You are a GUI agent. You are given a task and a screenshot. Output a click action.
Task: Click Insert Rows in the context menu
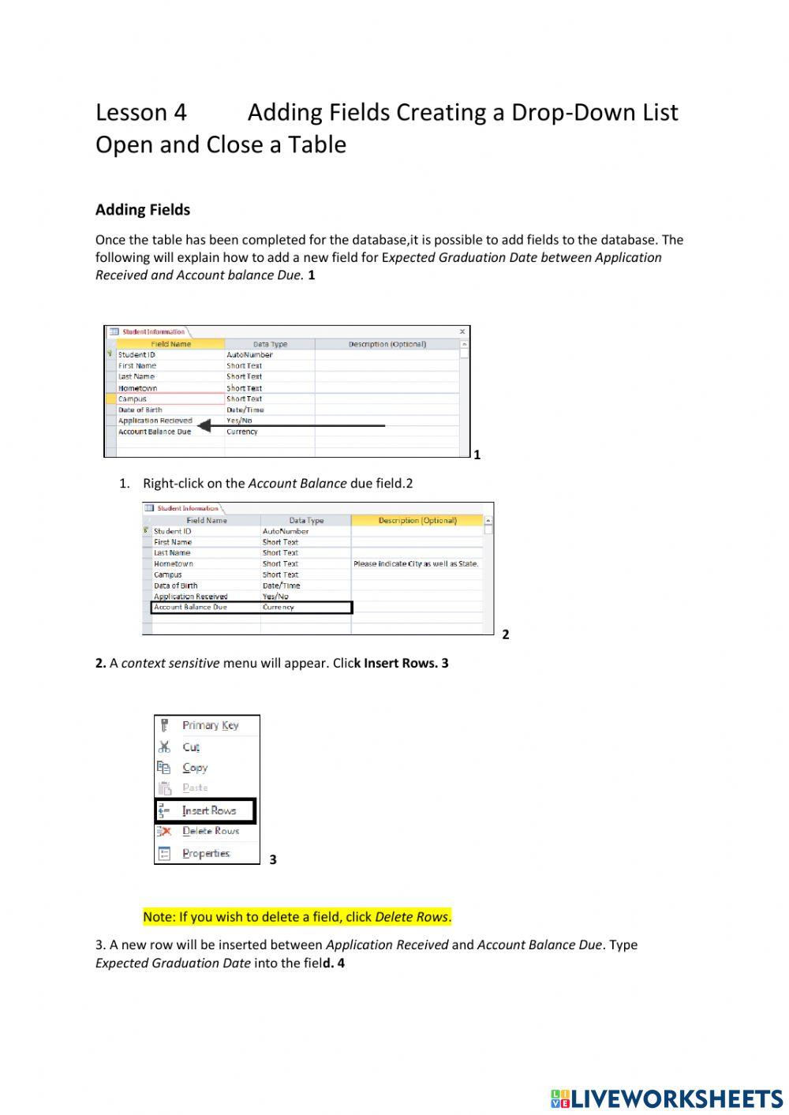tap(208, 810)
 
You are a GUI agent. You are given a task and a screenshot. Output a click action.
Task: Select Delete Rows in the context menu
tap(210, 831)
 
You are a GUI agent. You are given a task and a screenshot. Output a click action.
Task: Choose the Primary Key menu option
tap(210, 725)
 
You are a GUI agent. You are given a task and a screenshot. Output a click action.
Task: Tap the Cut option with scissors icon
tap(191, 746)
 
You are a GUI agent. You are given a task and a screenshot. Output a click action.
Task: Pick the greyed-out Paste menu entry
tap(195, 788)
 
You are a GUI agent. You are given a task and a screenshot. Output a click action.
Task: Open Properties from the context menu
tap(206, 853)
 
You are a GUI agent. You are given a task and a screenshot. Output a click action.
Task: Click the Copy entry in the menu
tap(195, 767)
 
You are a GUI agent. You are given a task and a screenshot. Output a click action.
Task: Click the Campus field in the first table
tap(133, 399)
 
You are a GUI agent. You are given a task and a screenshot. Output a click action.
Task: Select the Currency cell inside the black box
tap(279, 608)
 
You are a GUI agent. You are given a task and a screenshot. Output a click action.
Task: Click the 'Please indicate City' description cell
tap(416, 564)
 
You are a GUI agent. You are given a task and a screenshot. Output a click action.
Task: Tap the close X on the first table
tap(462, 332)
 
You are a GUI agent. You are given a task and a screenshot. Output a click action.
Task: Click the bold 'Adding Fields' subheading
tap(143, 210)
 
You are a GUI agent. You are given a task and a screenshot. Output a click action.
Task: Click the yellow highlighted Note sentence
tap(297, 917)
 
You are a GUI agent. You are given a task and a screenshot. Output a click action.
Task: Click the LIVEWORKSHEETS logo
tap(667, 1098)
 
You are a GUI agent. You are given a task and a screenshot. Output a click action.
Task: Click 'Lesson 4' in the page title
tap(141, 113)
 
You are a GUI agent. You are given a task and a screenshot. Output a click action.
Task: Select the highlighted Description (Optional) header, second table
tap(417, 521)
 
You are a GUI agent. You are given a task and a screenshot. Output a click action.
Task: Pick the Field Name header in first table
tap(170, 344)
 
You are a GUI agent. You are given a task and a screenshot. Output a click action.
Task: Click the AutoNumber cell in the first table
tap(249, 355)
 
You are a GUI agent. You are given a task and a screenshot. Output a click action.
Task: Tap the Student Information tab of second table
tap(187, 508)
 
